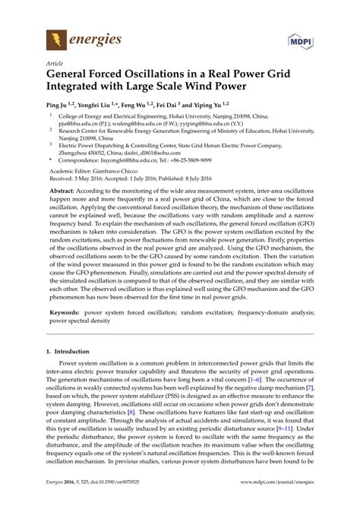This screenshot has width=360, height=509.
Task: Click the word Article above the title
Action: [x=55, y=64]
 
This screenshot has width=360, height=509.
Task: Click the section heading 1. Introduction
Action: [x=71, y=373]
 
